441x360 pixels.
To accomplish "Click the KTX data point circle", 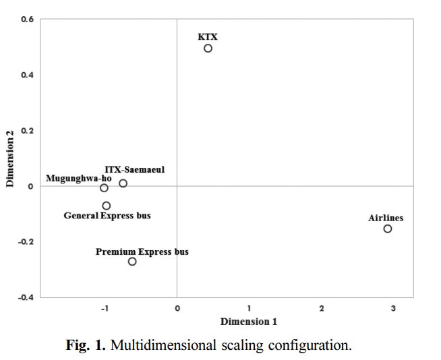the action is [208, 44].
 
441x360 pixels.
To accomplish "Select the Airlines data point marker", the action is [388, 225].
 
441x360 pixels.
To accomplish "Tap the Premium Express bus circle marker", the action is [132, 258].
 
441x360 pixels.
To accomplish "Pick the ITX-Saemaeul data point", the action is [123, 179].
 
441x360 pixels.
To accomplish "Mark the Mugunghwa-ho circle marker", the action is [104, 184].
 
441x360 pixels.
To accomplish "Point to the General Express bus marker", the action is [107, 202].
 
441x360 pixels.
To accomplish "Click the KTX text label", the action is [208, 37].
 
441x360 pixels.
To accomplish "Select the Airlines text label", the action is [386, 218].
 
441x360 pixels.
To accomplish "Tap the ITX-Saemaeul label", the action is [135, 170].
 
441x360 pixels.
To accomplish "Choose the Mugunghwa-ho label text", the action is [79, 178].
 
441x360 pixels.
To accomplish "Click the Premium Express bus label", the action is [142, 251].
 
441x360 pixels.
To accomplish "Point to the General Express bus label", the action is [107, 216].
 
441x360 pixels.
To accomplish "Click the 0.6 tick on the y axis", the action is [27, 19].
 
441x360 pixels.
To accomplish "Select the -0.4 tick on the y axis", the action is [26, 297].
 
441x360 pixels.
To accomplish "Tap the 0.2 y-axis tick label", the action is [27, 131].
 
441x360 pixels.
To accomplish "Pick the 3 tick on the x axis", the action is [393, 309].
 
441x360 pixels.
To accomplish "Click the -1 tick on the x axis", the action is [105, 309].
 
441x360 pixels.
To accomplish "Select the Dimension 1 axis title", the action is [249, 322].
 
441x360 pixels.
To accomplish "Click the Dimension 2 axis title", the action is [10, 158].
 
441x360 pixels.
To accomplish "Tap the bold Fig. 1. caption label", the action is [86, 344].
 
